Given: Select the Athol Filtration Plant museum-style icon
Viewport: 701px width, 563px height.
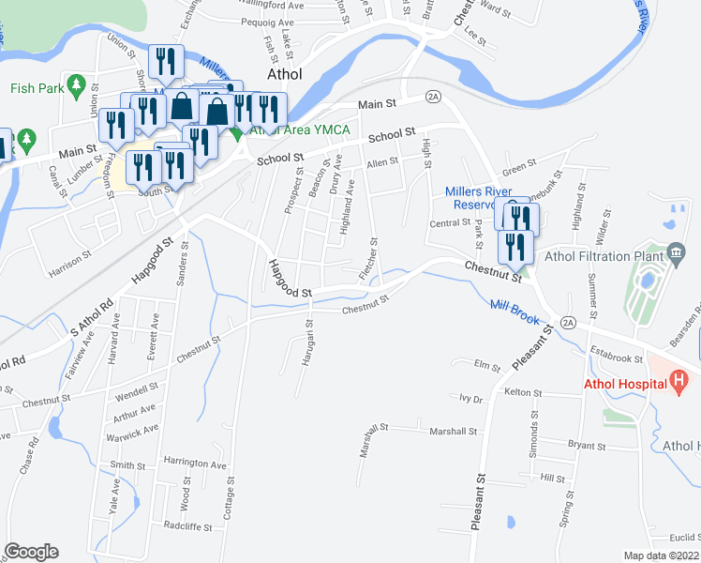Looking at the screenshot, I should coord(677,252).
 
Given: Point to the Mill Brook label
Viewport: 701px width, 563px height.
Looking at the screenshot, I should coord(515,312).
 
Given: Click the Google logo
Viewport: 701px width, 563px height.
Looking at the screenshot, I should coord(31,552).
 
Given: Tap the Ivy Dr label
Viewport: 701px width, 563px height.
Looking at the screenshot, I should coord(470,399).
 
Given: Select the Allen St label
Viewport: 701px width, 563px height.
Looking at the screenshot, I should coord(382,161).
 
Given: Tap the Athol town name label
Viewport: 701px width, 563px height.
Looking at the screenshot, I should coord(284,74).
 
